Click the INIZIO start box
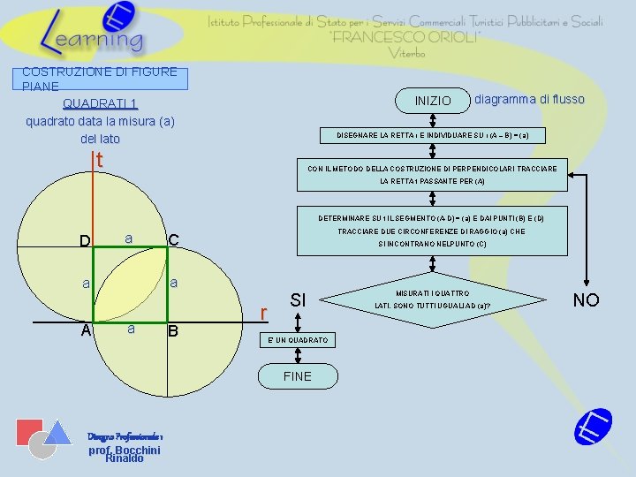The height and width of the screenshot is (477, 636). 432,101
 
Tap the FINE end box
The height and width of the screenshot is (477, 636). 298,376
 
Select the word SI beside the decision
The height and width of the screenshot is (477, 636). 299,300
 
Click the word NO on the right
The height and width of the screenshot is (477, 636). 586,300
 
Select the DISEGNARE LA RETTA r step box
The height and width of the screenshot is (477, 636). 433,135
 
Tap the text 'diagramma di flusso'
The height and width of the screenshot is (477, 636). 529,99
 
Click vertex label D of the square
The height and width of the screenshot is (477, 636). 85,241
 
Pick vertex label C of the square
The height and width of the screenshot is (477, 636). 174,241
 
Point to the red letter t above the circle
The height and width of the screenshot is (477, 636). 100,161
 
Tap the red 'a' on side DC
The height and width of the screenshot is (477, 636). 129,238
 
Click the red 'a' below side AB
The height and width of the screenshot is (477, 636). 130,328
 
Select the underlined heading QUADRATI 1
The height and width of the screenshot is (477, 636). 99,103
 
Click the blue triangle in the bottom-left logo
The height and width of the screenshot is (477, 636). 58,432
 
